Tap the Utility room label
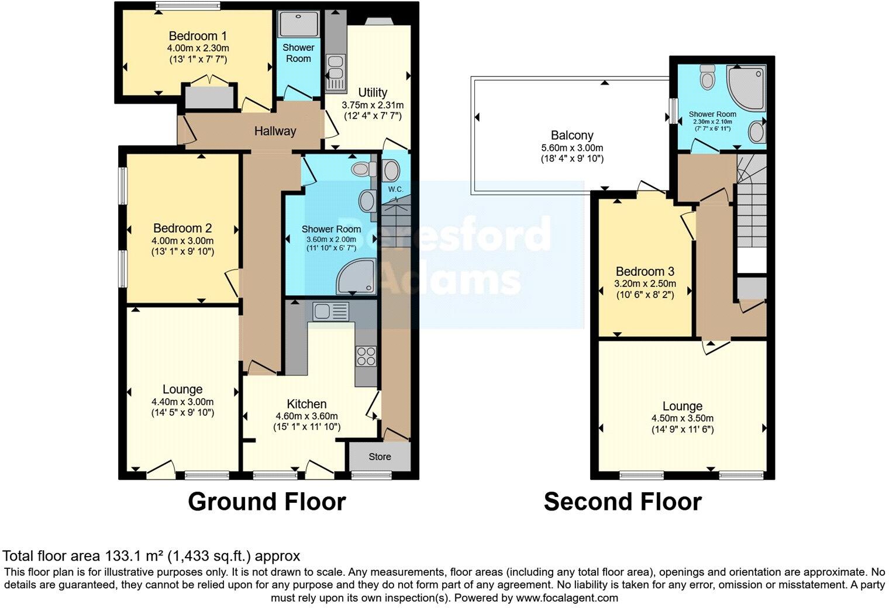(373, 92)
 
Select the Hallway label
(275, 131)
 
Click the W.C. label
(395, 189)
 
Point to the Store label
(380, 457)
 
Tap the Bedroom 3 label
(645, 271)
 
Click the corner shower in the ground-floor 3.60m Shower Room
(355, 277)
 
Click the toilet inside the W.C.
(391, 170)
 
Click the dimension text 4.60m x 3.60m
(306, 416)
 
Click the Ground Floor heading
(267, 502)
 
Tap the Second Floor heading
(622, 502)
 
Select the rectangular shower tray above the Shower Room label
(298, 23)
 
